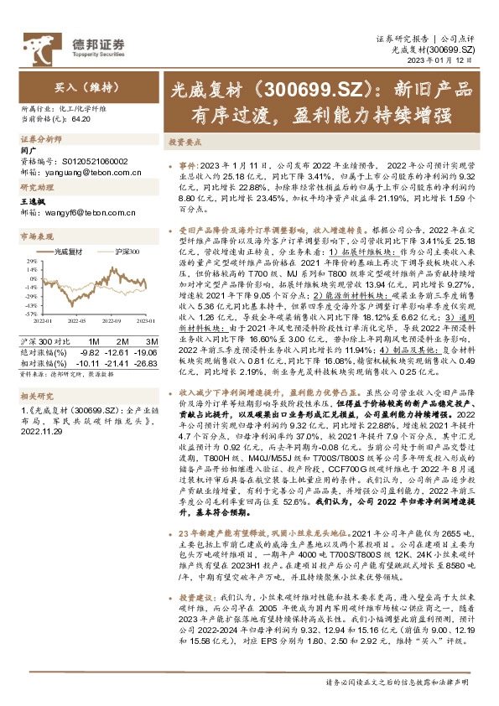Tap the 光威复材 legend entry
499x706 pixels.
tap(68, 251)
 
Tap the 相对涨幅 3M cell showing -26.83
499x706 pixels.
tap(147, 362)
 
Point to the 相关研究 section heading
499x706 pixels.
tap(37, 395)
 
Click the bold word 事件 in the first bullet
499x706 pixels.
tap(189, 167)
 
